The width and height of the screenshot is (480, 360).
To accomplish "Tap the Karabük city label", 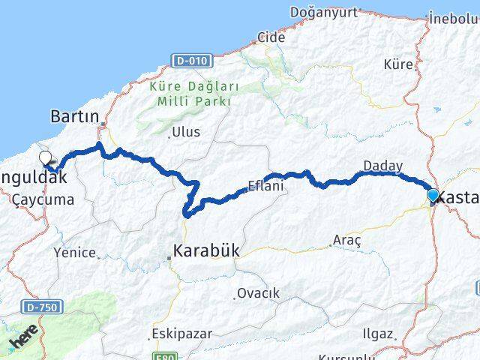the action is click(205, 251).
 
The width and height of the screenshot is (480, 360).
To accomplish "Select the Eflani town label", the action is click(266, 186).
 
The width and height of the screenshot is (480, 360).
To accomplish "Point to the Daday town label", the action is click(382, 166).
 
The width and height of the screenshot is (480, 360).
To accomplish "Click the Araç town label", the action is click(346, 241).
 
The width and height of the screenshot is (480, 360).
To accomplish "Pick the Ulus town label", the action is click(186, 132).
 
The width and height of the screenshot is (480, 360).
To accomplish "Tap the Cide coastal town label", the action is click(271, 37).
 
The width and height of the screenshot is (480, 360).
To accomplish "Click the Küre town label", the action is click(398, 64).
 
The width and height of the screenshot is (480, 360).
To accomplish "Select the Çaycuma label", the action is click(43, 200).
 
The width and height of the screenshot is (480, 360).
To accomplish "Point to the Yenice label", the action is click(74, 253).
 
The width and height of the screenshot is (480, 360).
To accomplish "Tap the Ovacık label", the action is click(258, 292).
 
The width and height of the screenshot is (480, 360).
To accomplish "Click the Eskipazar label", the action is click(181, 333).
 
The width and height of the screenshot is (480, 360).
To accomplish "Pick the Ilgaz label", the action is click(376, 333).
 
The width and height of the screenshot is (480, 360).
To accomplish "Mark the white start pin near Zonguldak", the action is click(46, 157).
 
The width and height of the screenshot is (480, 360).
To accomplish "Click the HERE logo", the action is click(23, 341).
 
